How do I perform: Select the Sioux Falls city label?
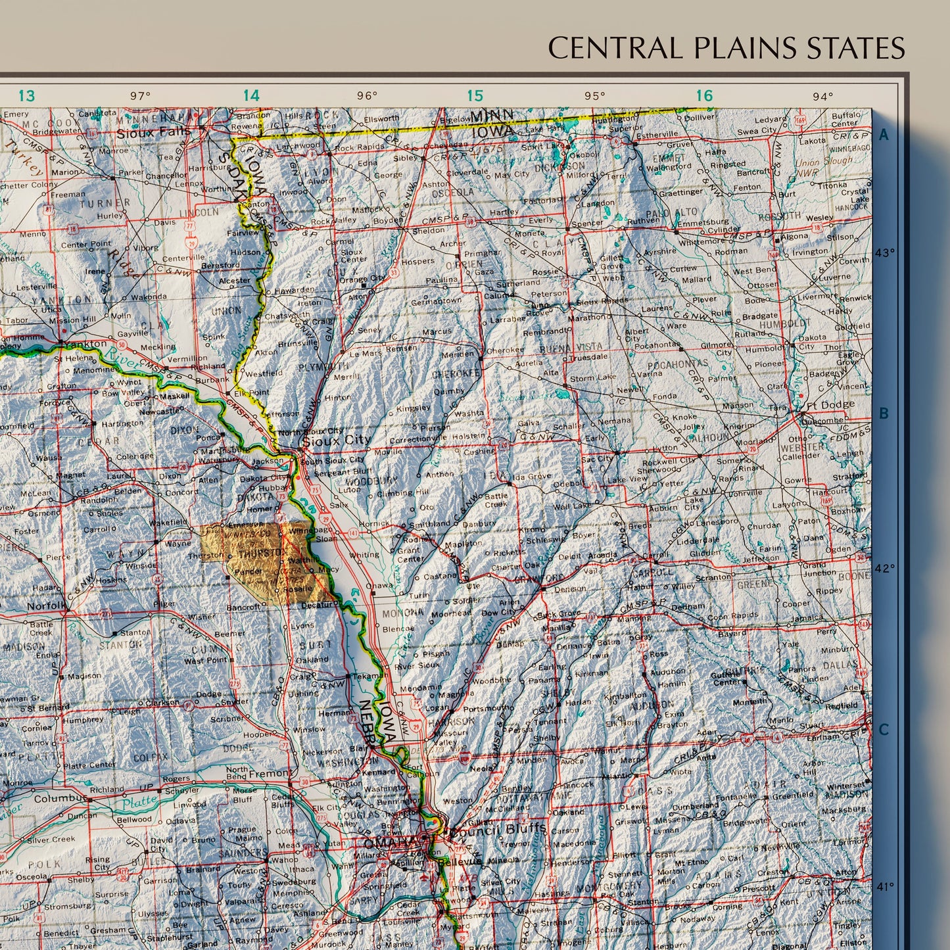click(x=153, y=132)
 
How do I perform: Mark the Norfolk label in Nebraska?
click(x=46, y=605)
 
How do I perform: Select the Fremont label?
click(x=270, y=774)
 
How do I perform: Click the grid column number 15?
click(x=475, y=96)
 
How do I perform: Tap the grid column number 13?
click(x=26, y=96)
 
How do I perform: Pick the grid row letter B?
click(x=884, y=414)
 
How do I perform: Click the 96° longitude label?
click(x=367, y=96)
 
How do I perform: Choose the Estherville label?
click(x=657, y=135)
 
